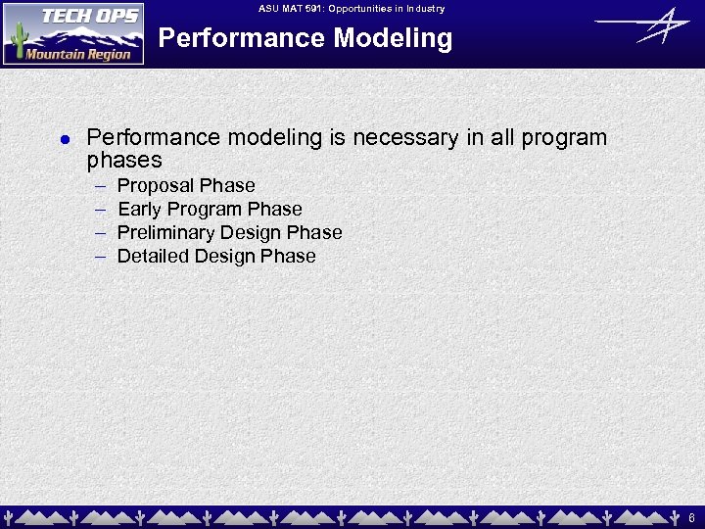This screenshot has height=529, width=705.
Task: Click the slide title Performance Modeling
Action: (x=305, y=39)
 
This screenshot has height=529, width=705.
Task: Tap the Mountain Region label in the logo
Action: (x=78, y=54)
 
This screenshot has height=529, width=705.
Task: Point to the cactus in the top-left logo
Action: (x=16, y=39)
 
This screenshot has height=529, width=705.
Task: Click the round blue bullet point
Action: (x=65, y=140)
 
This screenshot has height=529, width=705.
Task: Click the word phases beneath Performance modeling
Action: (x=124, y=161)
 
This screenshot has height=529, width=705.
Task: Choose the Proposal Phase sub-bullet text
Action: (x=186, y=186)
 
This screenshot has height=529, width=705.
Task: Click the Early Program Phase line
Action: (x=210, y=210)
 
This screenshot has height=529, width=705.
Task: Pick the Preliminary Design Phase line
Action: (x=229, y=233)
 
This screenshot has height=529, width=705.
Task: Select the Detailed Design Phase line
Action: (x=216, y=257)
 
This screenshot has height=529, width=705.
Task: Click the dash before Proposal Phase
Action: (x=100, y=186)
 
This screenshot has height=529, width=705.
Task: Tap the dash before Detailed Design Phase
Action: (x=100, y=257)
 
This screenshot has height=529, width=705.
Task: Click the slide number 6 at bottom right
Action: (x=691, y=517)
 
